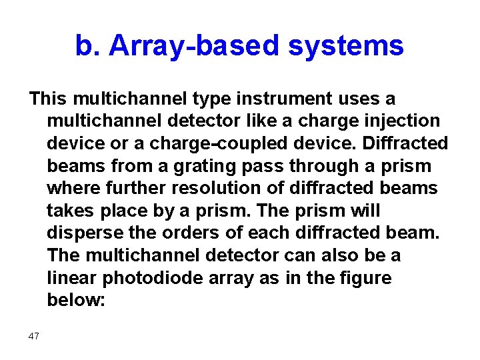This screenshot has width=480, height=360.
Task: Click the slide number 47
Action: click(x=34, y=336)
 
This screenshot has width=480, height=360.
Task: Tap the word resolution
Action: click(x=219, y=189)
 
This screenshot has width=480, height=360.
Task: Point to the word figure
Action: click(x=362, y=279)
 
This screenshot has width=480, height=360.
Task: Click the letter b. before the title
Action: click(x=87, y=47)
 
